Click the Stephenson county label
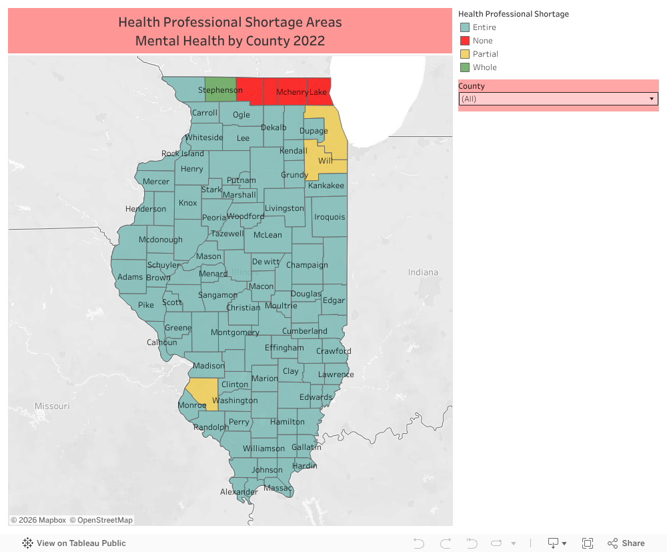220,90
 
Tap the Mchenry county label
292,92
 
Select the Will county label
325,161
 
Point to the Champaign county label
307,265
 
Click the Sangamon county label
217,295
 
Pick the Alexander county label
239,493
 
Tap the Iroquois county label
329,217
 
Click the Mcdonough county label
160,240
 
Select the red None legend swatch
465,41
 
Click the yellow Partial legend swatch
465,54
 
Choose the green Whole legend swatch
465,67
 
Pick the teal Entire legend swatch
465,27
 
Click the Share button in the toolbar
626,543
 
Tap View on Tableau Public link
74,543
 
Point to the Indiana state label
424,272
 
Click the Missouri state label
52,406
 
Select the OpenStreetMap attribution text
101,520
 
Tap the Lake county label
318,92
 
